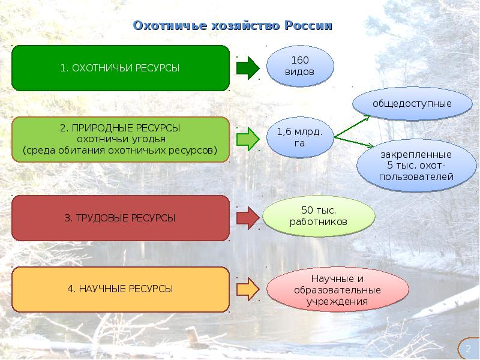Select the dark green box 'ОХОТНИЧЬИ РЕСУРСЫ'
(x=120, y=68)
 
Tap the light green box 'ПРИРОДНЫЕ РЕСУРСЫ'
(x=120, y=139)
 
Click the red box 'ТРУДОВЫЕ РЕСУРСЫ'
(x=120, y=218)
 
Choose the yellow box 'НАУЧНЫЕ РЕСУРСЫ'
(x=120, y=289)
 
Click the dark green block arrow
(x=247, y=68)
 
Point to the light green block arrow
(x=247, y=139)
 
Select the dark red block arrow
(x=247, y=218)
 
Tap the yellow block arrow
(x=247, y=289)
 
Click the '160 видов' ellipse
(x=299, y=65)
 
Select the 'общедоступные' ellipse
(x=412, y=103)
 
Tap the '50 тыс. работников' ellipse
(x=318, y=215)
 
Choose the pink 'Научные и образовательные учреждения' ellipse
(x=337, y=290)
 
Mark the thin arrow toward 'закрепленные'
(x=354, y=142)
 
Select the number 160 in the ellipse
(x=299, y=60)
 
